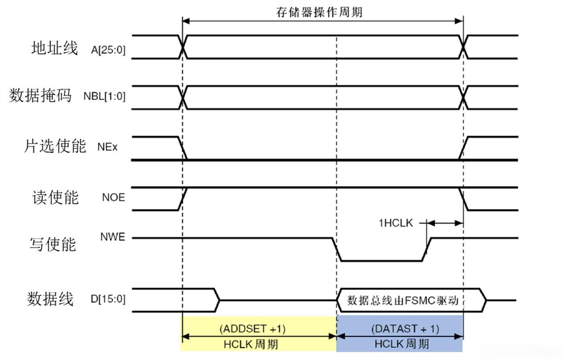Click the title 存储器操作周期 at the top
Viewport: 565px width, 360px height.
pyautogui.click(x=323, y=12)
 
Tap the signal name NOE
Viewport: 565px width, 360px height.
pyautogui.click(x=112, y=198)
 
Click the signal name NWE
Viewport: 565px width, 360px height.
pyautogui.click(x=113, y=237)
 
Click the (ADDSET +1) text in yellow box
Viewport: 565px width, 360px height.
pyautogui.click(x=258, y=328)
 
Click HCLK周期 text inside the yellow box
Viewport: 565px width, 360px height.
pyautogui.click(x=259, y=344)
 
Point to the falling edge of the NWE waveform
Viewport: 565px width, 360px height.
pyautogui.click(x=336, y=249)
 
